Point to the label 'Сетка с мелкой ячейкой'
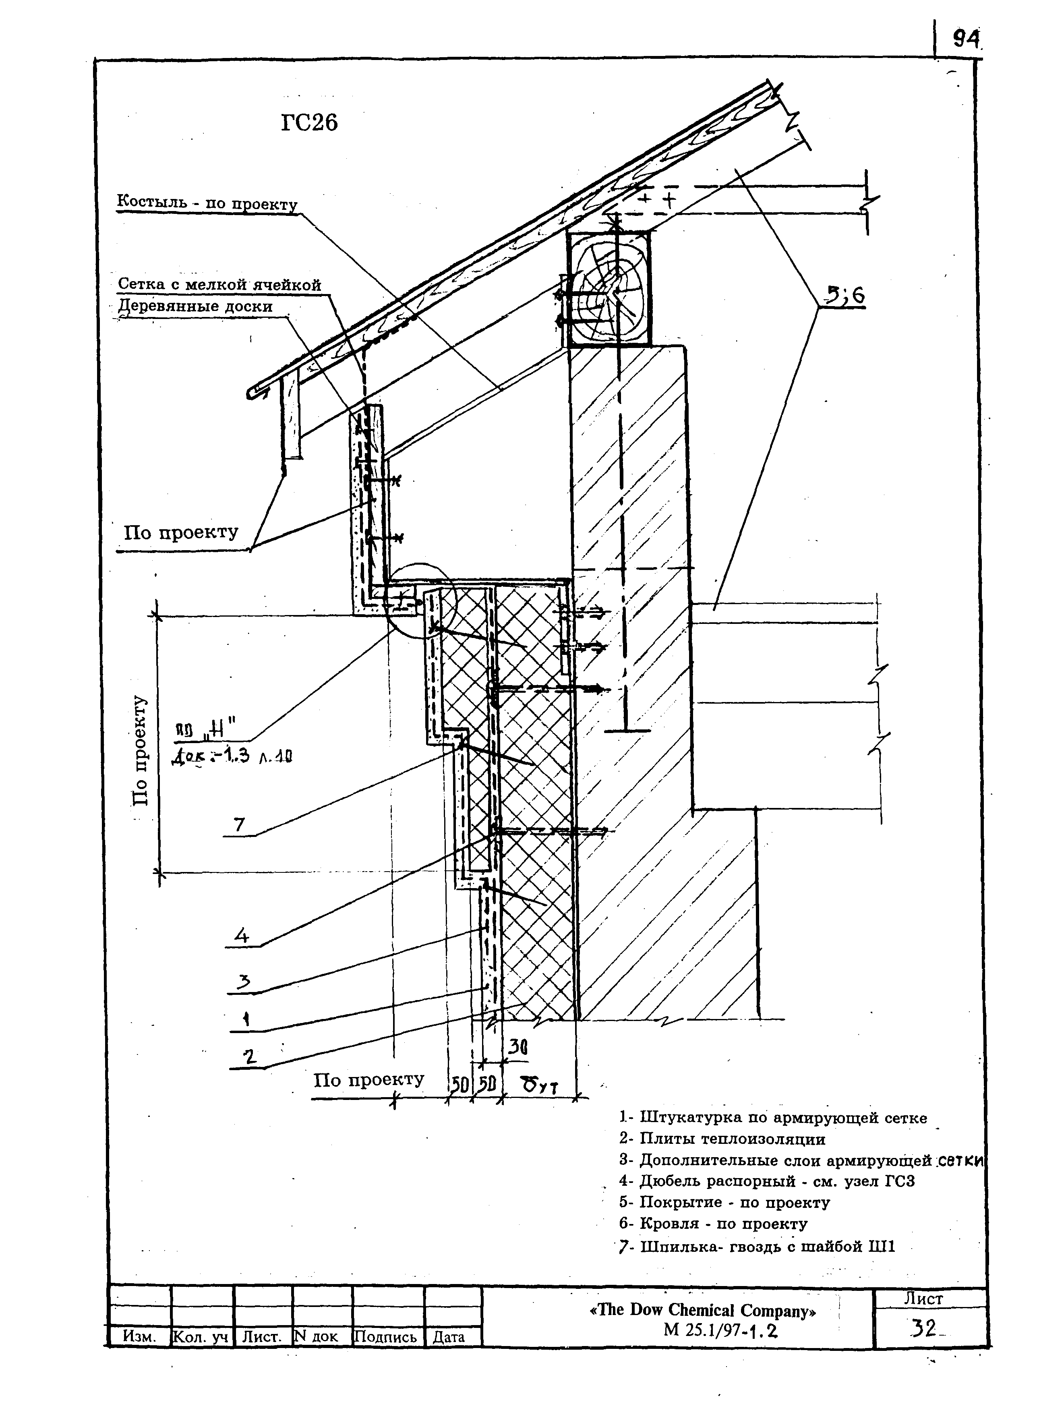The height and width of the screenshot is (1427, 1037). pos(219,284)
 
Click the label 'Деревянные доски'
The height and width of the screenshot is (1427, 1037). pos(197,307)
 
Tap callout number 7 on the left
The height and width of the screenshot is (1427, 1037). pos(239,824)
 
